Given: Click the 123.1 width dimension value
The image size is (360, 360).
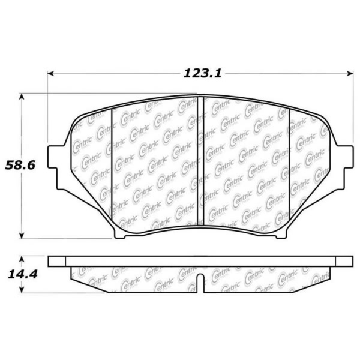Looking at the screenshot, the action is click(203, 74).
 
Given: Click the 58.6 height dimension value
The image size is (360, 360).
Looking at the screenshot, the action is click(20, 165).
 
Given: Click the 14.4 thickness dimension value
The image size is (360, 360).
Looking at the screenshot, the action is click(23, 274).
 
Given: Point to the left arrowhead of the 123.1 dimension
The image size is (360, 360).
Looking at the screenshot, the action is click(50, 73).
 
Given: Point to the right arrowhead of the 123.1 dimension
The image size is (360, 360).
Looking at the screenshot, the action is click(350, 73).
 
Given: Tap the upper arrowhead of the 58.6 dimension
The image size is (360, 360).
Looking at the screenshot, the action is click(22, 97).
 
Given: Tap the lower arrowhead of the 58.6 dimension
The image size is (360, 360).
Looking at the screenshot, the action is click(22, 236).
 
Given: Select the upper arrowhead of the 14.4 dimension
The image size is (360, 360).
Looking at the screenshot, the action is click(22, 259).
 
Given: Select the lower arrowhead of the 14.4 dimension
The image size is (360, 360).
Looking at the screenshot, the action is click(22, 290).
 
